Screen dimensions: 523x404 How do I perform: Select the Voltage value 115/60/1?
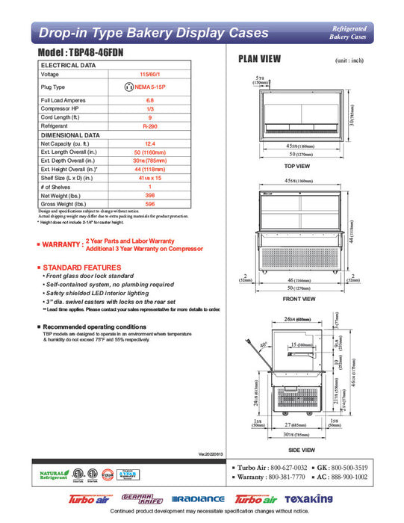tap(150, 75)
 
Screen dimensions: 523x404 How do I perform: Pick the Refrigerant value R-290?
tap(150, 126)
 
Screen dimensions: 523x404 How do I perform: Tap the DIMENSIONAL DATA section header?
tap(70, 134)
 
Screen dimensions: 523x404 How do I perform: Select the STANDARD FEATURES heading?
tap(78, 267)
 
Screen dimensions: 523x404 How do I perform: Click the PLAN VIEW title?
tap(259, 59)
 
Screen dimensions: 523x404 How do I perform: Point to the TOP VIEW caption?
tap(296, 166)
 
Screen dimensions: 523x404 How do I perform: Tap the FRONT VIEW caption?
tap(297, 299)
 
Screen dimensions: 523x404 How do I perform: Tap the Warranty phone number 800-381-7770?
tap(289, 476)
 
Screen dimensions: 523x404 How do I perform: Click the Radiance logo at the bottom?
tap(198, 498)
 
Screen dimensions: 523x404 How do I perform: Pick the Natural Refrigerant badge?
tap(53, 475)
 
